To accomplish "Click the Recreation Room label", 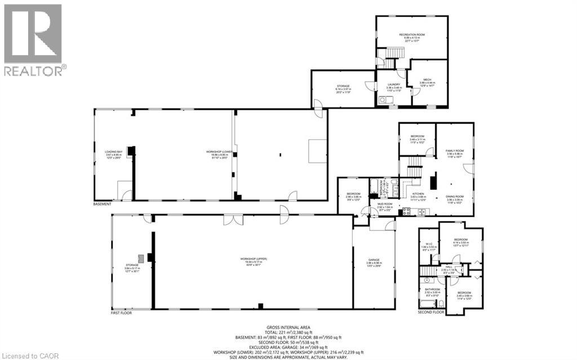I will [x=412, y=35].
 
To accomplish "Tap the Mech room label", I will [x=427, y=79].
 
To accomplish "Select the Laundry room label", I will [x=394, y=85].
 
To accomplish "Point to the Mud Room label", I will [x=385, y=205].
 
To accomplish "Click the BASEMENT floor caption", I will [x=102, y=204].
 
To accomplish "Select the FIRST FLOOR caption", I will [x=121, y=313].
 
